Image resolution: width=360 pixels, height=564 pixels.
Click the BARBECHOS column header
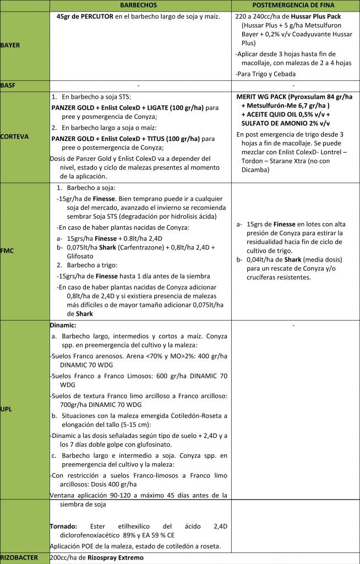140,5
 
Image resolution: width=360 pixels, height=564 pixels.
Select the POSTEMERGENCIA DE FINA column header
296,5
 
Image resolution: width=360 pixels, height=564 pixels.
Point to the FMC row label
7,251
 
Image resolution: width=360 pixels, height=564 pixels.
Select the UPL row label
7,410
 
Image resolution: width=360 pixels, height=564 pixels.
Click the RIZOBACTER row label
19,557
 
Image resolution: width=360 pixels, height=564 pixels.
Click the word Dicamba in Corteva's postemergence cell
255,170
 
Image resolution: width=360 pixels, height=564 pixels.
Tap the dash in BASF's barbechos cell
140,85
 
